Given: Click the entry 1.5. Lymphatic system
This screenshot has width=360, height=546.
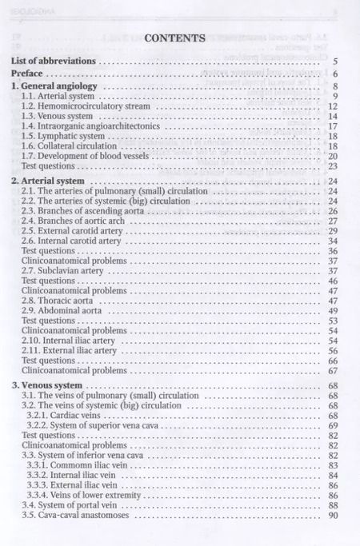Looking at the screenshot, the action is [x=63, y=137].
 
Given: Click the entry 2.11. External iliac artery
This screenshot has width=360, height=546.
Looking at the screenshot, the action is [x=70, y=351].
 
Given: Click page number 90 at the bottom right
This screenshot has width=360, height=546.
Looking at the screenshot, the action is [x=333, y=516].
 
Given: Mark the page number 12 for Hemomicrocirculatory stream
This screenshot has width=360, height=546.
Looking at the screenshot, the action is [x=333, y=106].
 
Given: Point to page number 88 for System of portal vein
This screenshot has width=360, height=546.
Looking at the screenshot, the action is [x=333, y=506].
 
